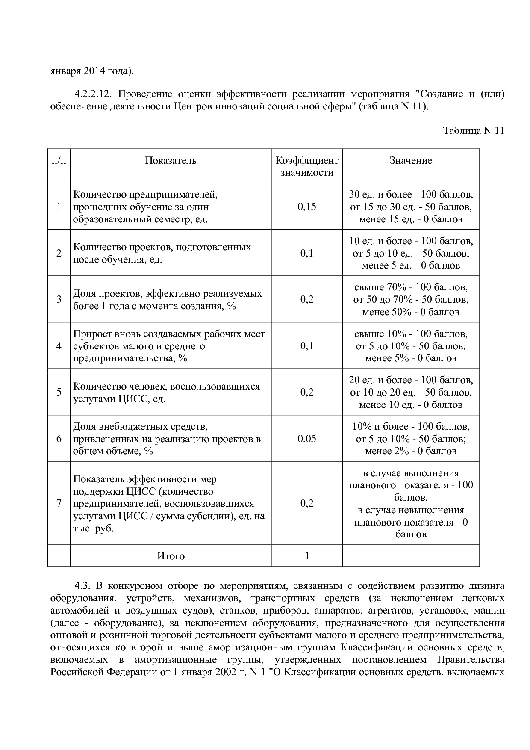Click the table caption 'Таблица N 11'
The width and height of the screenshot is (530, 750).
click(474, 131)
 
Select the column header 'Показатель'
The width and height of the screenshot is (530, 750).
click(171, 161)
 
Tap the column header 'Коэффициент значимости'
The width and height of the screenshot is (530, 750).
click(306, 167)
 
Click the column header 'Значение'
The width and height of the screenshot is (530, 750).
click(410, 161)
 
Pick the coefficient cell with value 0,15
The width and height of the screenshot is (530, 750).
click(306, 207)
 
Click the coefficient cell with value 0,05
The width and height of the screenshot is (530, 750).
click(306, 439)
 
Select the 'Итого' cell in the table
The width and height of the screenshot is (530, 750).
click(171, 556)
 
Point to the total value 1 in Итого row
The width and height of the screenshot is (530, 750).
click(306, 556)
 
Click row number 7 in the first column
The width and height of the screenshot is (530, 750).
click(59, 503)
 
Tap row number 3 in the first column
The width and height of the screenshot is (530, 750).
click(59, 299)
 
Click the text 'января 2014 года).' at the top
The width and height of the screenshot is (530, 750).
click(92, 71)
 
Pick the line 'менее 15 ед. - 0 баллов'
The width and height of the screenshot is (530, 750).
click(410, 219)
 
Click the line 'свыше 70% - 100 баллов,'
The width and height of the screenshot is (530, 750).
click(410, 287)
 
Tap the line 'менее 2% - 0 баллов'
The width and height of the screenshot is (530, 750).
click(410, 451)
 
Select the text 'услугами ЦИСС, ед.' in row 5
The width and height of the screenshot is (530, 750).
click(119, 399)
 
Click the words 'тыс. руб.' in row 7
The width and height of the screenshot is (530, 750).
click(93, 529)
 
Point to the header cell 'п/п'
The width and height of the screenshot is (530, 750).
click(59, 161)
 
